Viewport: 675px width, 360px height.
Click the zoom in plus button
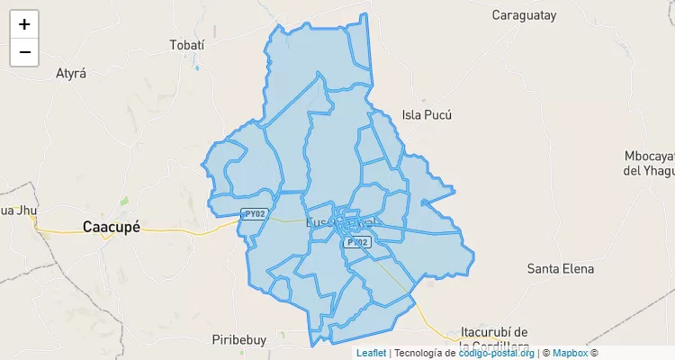tap(24, 24)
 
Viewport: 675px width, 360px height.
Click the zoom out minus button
tap(24, 52)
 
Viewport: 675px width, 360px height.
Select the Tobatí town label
tap(188, 45)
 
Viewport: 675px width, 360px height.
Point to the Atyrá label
tap(71, 74)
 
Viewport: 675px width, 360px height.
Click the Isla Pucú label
tap(427, 114)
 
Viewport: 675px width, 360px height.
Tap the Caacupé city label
tap(112, 227)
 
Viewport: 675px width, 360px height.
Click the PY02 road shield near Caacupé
tap(255, 214)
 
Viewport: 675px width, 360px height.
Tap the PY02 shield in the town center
tap(357, 242)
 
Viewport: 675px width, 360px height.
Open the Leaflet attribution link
tap(371, 353)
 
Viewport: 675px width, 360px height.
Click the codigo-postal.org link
tap(497, 353)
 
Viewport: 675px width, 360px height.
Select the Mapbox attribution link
tap(570, 353)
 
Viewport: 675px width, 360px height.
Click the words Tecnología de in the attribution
tap(425, 353)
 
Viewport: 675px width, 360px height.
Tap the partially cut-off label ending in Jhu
tap(16, 211)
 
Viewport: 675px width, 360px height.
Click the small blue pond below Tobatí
tap(196, 67)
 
